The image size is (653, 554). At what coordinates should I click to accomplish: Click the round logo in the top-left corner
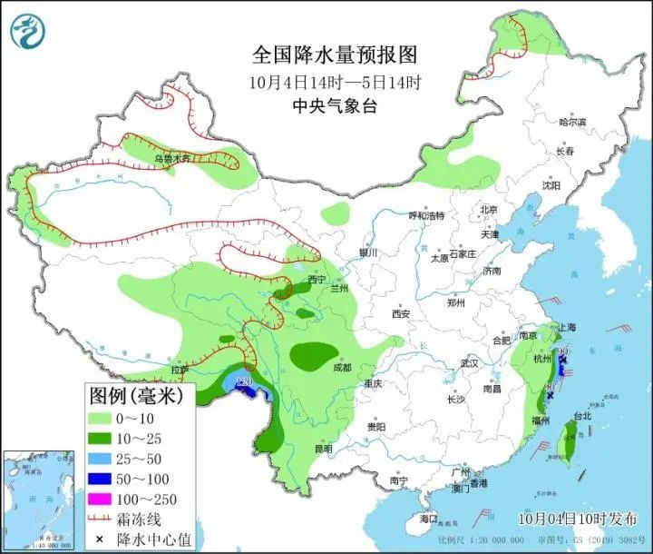tap(28, 29)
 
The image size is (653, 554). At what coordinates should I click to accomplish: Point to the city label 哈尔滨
tap(572, 122)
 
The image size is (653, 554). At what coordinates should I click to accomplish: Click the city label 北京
tap(489, 210)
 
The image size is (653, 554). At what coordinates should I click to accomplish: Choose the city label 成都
tap(341, 368)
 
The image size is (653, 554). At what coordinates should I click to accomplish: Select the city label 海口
tap(428, 519)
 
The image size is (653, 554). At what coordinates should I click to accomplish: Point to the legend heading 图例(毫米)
tap(134, 395)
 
